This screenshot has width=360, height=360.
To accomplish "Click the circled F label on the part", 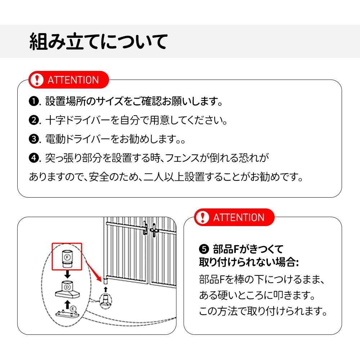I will (67, 257).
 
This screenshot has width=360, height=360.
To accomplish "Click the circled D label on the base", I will (67, 287).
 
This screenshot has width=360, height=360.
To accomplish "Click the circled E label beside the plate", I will (73, 309).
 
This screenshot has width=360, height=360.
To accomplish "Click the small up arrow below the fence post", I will (105, 289).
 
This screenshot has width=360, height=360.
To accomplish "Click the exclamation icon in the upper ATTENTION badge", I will (36, 80).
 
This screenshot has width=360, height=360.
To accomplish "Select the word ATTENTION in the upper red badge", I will (73, 80).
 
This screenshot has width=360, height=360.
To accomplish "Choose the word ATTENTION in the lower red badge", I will (239, 217).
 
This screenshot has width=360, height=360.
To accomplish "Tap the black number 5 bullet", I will (204, 249).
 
